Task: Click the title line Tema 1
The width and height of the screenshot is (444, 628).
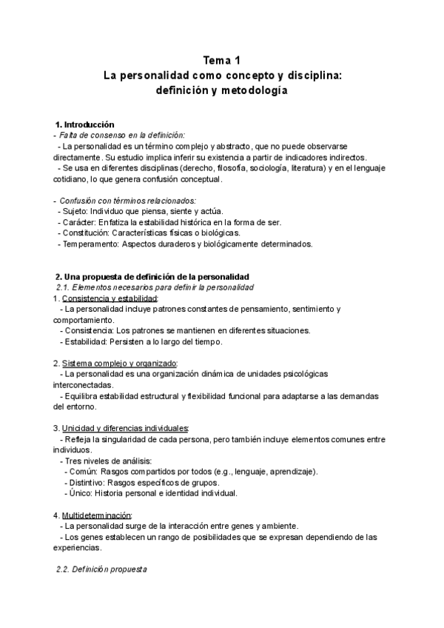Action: (222, 61)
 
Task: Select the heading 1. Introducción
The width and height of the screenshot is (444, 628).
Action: (85, 124)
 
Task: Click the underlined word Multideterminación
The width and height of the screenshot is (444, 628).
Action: (96, 515)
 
